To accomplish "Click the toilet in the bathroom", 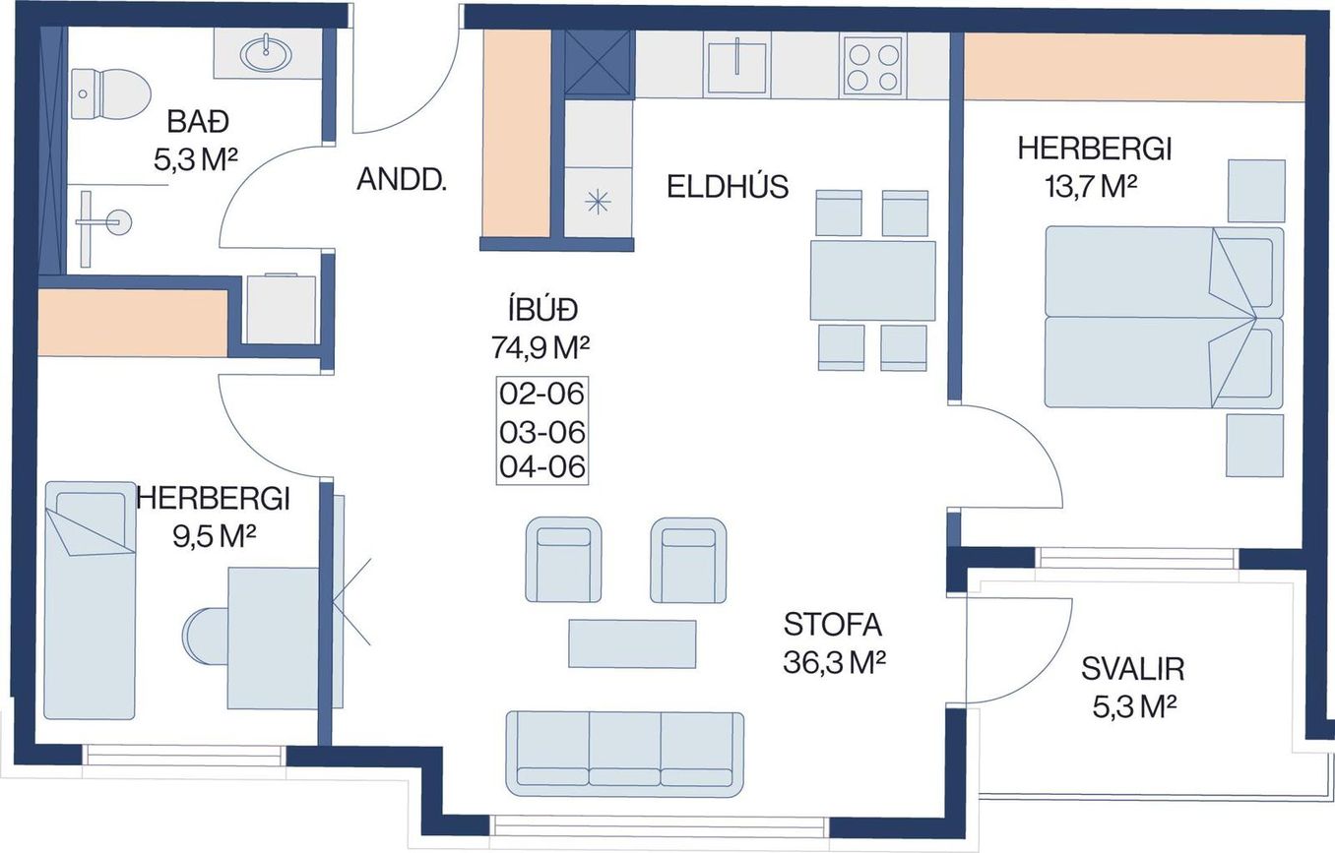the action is point(108,93).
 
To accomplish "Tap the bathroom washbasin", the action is point(267,53).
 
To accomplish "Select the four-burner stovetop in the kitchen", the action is point(873,65).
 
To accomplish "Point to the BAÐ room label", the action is point(198,122).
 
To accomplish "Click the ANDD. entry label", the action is point(402,179).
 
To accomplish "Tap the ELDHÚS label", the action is point(728,187).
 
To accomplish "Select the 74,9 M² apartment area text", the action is point(540,347).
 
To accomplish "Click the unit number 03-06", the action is point(541,432).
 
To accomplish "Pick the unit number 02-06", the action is point(541,394).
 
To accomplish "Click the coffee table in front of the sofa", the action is point(632,643).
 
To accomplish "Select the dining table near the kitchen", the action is point(872,280).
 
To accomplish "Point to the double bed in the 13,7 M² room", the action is point(1164,317).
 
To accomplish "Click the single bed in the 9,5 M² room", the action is point(90,600).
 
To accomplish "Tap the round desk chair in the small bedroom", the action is point(206,637).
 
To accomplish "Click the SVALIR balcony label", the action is point(1133,669).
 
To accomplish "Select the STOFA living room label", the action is point(833,625).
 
